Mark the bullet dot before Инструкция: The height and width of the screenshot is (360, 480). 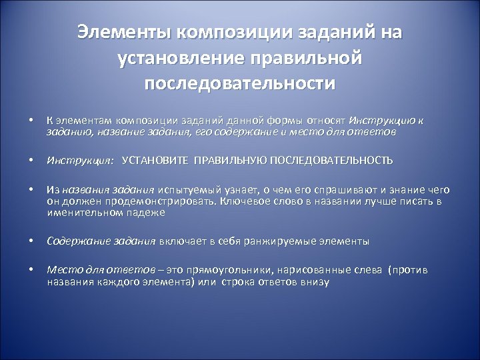coord(31,161)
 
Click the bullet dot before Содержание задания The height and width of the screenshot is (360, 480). coord(31,241)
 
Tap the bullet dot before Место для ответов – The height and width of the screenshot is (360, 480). coord(31,271)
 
